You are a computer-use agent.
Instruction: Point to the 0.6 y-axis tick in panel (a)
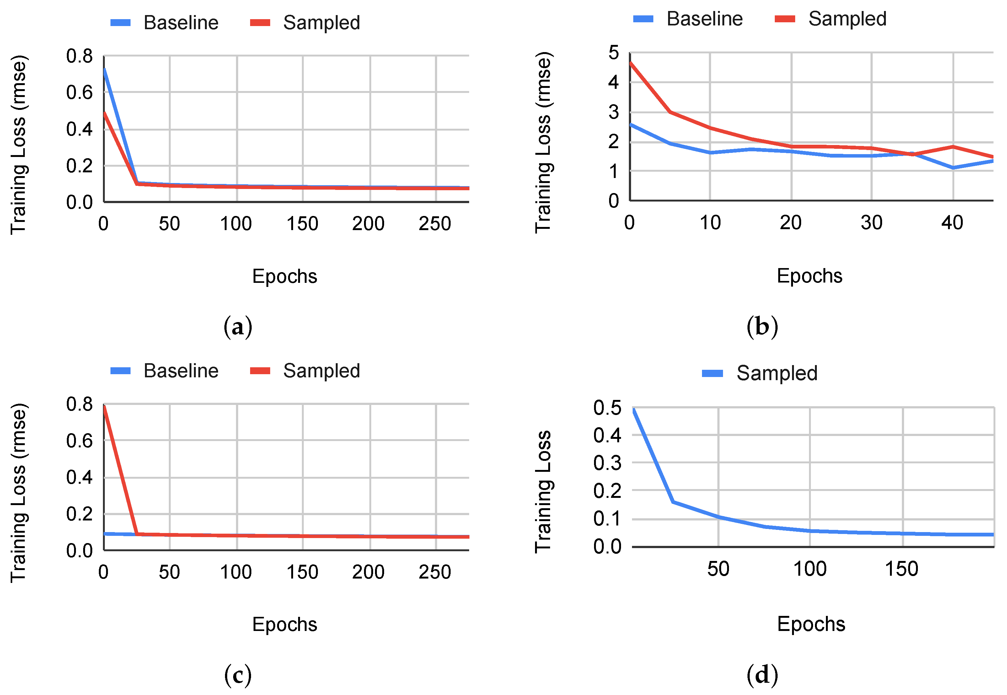[x=79, y=92]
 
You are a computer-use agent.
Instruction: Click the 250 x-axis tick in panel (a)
[x=435, y=224]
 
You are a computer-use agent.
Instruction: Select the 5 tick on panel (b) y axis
[x=613, y=53]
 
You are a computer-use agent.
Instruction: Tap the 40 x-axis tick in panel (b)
[x=952, y=223]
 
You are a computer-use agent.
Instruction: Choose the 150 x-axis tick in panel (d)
[x=901, y=569]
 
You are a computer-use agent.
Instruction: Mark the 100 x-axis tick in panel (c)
[x=236, y=572]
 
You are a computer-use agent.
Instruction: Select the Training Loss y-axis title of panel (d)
[x=543, y=492]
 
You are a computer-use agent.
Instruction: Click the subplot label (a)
[x=238, y=326]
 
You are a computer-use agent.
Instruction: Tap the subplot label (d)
[x=762, y=675]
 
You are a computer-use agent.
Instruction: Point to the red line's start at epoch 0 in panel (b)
[x=630, y=63]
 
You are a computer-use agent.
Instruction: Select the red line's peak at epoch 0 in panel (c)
[x=104, y=406]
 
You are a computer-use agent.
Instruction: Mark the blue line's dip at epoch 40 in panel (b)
[x=953, y=168]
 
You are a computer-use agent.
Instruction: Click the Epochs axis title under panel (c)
[x=285, y=624]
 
